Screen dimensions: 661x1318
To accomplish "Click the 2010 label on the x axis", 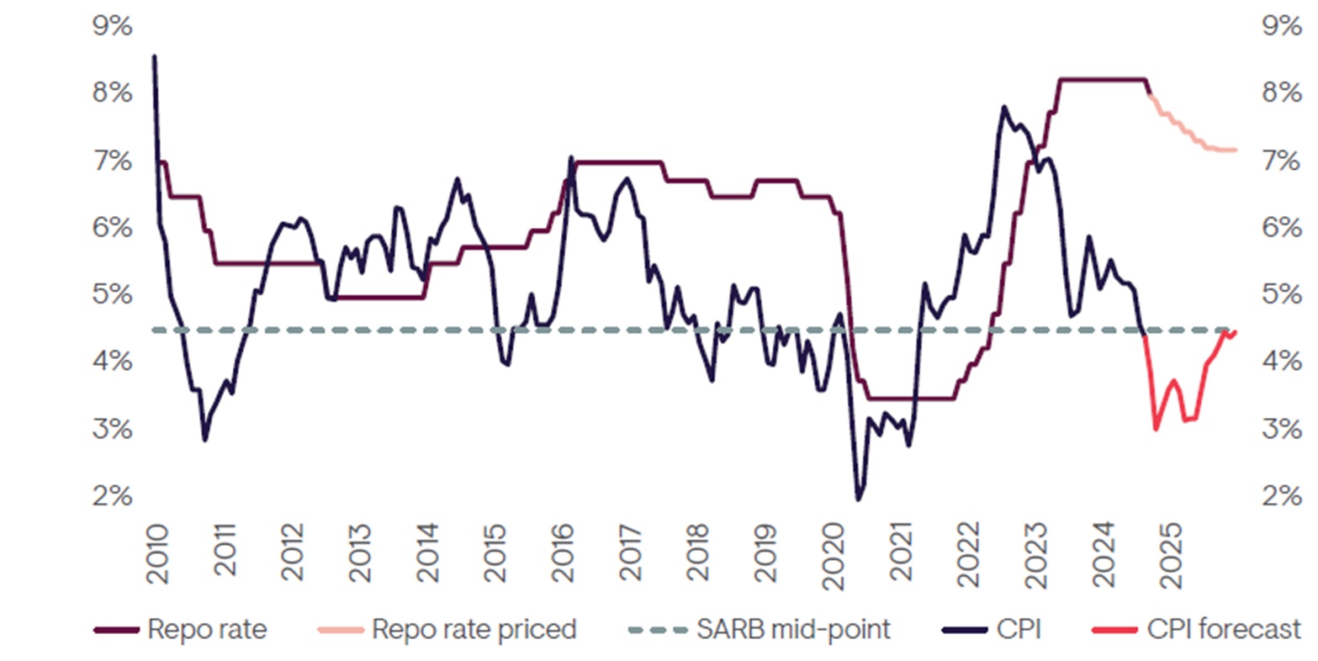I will (156, 554).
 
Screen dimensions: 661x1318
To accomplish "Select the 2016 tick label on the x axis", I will (562, 554).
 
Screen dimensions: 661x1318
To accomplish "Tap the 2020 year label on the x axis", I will (833, 554).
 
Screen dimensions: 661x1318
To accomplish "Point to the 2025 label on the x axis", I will (1172, 554).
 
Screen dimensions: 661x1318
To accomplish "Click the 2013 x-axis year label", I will (359, 554).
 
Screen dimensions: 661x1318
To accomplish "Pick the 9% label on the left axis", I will (112, 26).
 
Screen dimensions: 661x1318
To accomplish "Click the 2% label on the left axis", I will (112, 496).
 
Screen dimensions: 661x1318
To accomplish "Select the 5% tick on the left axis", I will (112, 294).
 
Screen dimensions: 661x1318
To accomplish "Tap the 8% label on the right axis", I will (1282, 93).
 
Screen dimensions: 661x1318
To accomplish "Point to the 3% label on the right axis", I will (1282, 429).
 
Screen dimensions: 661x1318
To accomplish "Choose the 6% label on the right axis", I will (1282, 227).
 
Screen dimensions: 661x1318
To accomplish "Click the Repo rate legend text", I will (207, 629).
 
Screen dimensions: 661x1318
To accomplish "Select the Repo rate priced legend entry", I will (474, 629).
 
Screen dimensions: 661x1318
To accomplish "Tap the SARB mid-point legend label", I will (793, 629).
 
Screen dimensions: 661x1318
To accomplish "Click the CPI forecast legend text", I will (1224, 629).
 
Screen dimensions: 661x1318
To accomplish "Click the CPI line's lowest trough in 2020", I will (858, 500).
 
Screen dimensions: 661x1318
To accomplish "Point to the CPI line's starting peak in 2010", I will (154, 56).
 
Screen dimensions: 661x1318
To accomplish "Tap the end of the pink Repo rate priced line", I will (1236, 150).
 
